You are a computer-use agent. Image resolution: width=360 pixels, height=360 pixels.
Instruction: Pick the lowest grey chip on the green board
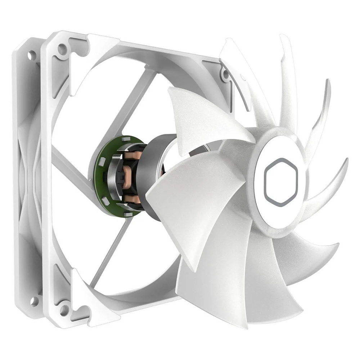pos(127,215)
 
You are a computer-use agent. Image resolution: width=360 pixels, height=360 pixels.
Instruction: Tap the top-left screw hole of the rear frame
pos(32,55)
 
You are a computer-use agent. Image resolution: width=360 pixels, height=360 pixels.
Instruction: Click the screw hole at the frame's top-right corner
pos(226,75)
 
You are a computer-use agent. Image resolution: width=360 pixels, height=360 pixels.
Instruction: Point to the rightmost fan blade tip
pos(346,162)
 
